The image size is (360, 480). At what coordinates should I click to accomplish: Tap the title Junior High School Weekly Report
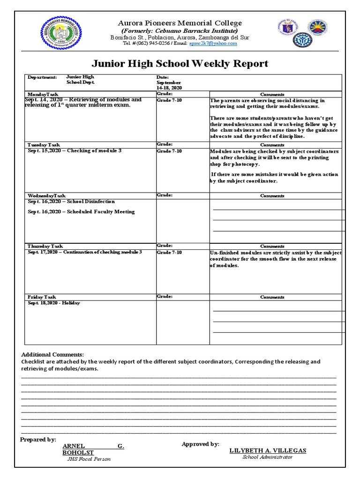tap(182, 63)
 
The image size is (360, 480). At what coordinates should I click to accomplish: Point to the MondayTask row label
tap(43, 94)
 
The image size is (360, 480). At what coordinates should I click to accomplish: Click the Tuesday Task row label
tap(44, 145)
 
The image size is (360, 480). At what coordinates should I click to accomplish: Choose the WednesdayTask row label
tap(46, 195)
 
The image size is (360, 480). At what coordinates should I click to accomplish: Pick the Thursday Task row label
tap(45, 246)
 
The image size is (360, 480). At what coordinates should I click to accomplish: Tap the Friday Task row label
tap(42, 297)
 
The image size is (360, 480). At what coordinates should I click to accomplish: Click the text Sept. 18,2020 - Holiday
tap(54, 303)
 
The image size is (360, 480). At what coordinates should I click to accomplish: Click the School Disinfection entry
tap(71, 202)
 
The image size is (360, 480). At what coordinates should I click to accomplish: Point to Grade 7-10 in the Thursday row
tap(169, 253)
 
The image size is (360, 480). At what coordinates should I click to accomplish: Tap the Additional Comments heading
tap(52, 354)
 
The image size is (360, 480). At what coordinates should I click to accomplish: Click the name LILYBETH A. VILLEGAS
tap(268, 450)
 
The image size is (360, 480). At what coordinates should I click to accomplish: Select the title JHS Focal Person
tap(89, 459)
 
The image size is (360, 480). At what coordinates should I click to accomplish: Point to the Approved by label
tap(200, 444)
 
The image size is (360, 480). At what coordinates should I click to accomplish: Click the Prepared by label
tap(38, 440)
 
